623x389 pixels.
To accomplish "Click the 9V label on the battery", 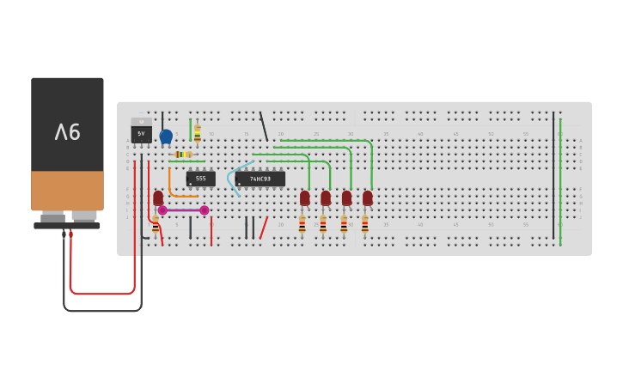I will pos(67,132).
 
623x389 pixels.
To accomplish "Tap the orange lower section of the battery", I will pos(67,190).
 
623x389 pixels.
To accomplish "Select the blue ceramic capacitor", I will pos(166,136).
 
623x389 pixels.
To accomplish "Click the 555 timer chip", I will pos(200,179).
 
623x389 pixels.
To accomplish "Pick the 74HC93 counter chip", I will pos(260,179).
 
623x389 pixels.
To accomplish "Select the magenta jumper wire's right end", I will pos(205,210).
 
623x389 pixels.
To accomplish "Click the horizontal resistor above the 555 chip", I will pos(184,155).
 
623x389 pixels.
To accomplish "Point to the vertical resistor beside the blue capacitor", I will pos(197,133).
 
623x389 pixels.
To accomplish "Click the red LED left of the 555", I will pos(158,198).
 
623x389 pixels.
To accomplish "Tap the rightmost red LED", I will pos(368,198).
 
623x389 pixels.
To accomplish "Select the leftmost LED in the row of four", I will pos(305,198).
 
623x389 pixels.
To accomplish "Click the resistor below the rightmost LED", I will pos(364,225).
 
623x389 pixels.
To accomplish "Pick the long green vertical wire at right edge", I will pos(560,180).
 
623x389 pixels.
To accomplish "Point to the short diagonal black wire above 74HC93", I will pos(264,127).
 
